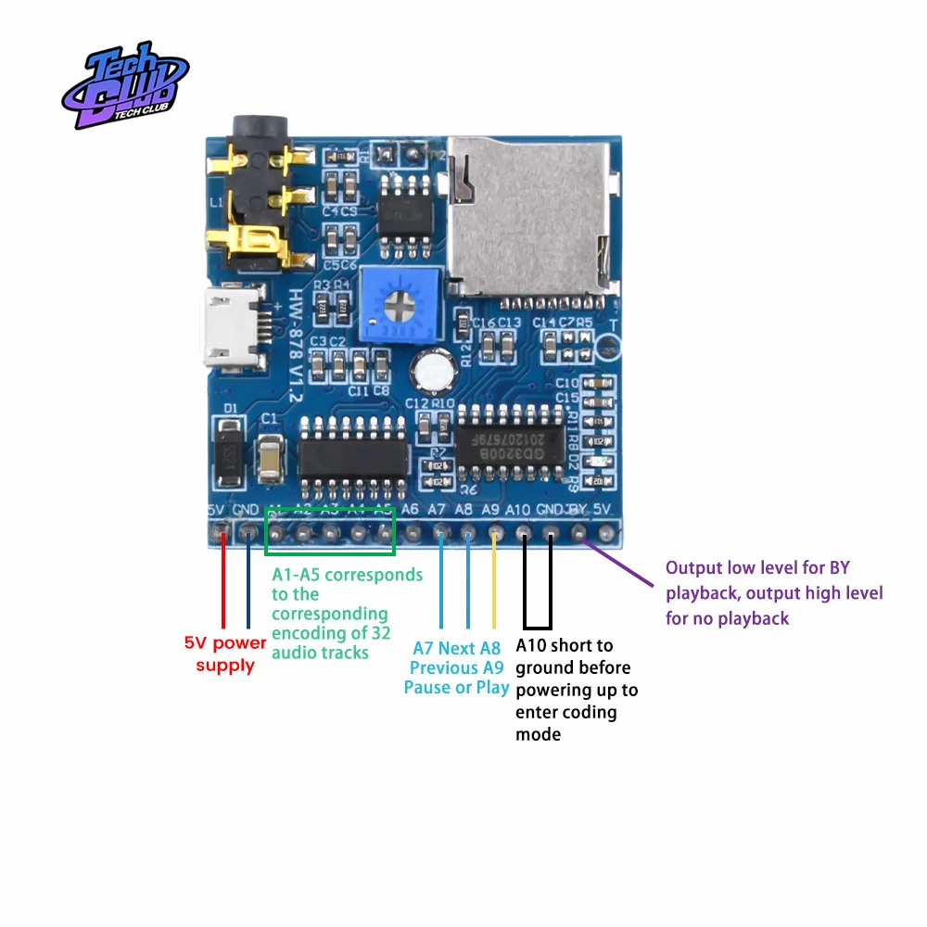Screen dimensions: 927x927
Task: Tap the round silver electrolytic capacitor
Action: click(433, 370)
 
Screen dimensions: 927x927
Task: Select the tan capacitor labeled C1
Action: click(270, 456)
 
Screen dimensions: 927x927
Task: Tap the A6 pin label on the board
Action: click(411, 509)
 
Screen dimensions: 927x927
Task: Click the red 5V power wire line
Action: click(223, 584)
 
